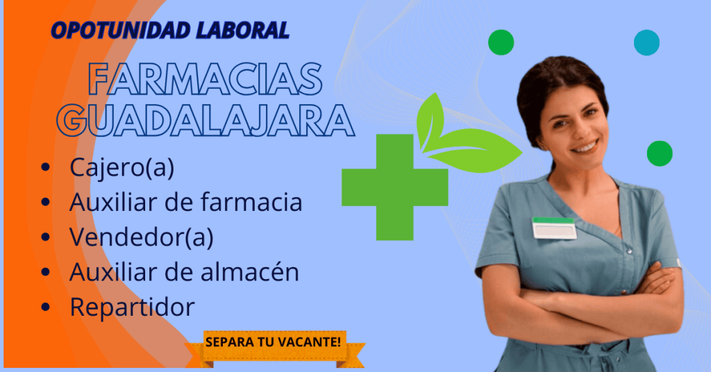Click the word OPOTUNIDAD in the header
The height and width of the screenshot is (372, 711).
point(121,31)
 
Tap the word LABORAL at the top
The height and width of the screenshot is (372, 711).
point(243,31)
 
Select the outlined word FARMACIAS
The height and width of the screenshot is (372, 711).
point(205,79)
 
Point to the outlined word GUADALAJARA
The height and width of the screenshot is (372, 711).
point(205,120)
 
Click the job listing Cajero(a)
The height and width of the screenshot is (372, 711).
point(122,168)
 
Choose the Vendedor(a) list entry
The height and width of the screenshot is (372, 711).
point(141,237)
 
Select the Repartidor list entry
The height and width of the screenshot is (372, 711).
point(132,307)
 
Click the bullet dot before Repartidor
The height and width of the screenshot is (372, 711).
point(45,307)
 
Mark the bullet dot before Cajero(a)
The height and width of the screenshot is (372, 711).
point(45,167)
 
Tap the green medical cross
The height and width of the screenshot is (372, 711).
point(395,187)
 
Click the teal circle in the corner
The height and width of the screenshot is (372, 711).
point(646,42)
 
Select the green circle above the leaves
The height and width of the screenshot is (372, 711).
point(501,42)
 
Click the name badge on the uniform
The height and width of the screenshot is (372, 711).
point(554,228)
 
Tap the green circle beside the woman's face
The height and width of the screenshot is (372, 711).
point(660,153)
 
